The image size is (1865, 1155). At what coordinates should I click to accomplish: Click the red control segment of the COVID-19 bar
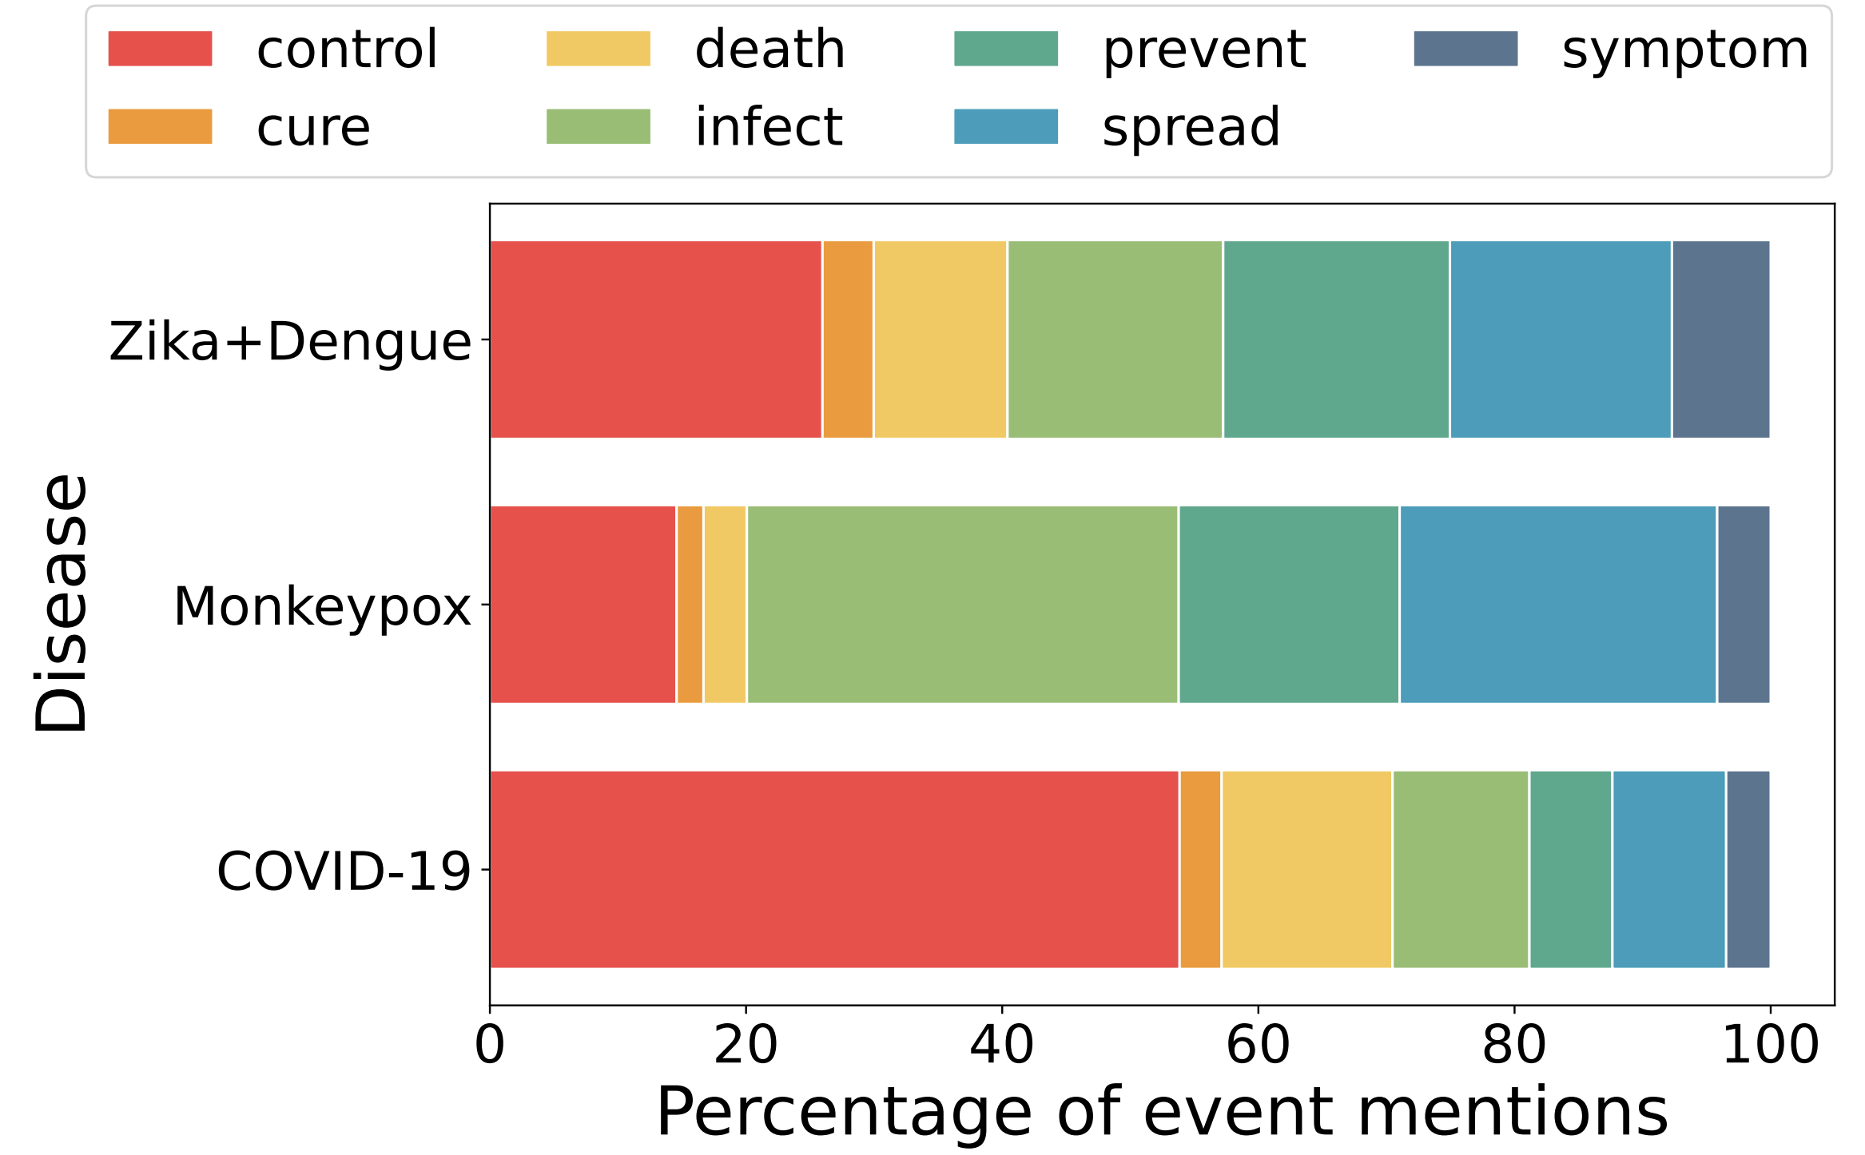(833, 869)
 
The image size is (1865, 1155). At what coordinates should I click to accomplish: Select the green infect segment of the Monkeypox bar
(962, 605)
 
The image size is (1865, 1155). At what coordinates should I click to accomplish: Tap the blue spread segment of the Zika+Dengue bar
(1561, 339)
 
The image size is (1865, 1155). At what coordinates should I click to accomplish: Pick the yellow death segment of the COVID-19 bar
(1306, 869)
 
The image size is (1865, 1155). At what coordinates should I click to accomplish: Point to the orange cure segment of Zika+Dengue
(848, 339)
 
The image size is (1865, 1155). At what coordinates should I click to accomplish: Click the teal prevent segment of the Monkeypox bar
(1289, 605)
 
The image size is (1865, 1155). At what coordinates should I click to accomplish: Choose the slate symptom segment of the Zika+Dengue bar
(1720, 339)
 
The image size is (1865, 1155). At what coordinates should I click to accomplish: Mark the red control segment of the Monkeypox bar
(583, 605)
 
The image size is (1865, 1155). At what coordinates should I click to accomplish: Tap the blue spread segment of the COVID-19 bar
(1669, 869)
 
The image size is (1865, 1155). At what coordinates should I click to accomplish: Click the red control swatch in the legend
(160, 49)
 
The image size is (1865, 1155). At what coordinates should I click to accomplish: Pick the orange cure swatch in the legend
(160, 126)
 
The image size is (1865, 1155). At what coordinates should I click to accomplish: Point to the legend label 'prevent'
(1203, 50)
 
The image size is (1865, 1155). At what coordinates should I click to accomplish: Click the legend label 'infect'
(769, 127)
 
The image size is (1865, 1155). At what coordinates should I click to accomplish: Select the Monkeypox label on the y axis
(322, 606)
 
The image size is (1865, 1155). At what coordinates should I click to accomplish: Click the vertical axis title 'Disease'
(61, 603)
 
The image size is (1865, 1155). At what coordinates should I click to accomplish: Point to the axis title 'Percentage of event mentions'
(1162, 1112)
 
